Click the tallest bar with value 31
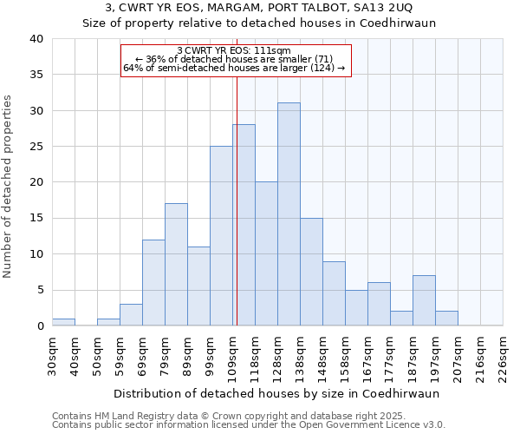click(289, 214)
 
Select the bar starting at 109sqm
click(244, 226)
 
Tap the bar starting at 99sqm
click(221, 236)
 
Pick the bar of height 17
click(176, 265)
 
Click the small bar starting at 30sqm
click(63, 322)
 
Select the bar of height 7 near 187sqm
click(424, 300)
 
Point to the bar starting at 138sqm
click(311, 272)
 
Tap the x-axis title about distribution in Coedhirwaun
click(276, 393)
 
